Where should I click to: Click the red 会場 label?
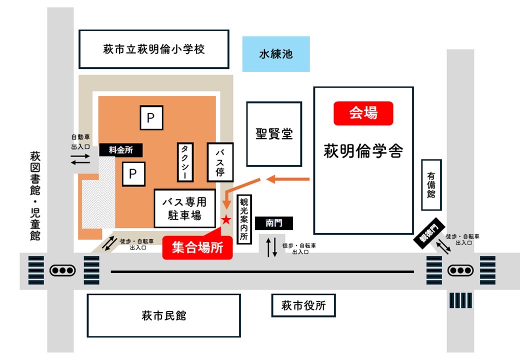(363, 113)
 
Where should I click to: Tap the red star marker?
(226, 219)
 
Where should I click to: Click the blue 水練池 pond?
(275, 54)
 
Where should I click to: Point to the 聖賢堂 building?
(274, 134)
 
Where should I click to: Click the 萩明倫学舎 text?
(363, 150)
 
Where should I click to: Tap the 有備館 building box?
(431, 185)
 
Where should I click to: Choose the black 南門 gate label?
(273, 223)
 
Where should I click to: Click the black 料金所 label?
(120, 149)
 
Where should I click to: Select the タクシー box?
(185, 162)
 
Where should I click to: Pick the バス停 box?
(220, 162)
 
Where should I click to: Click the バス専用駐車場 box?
(184, 208)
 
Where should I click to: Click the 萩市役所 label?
(303, 305)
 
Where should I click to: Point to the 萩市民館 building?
(163, 315)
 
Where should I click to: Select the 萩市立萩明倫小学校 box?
(154, 49)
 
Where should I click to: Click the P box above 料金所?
(151, 118)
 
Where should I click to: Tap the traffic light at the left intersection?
(62, 270)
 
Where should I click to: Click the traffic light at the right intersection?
(459, 270)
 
